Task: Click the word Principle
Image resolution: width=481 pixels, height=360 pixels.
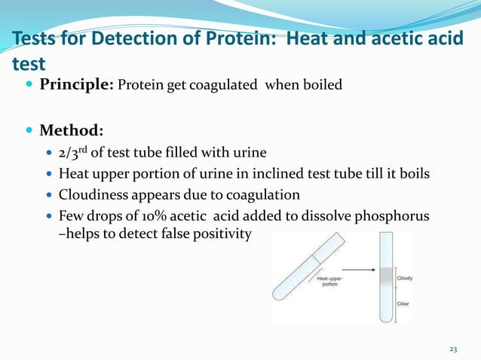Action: pos(75,84)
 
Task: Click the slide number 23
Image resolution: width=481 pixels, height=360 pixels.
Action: pos(452,349)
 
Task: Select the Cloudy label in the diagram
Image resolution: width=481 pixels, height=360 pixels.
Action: pos(405,278)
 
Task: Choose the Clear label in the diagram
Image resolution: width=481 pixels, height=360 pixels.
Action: pos(403,304)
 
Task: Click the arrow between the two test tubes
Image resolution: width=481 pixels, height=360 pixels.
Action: pos(355,265)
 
